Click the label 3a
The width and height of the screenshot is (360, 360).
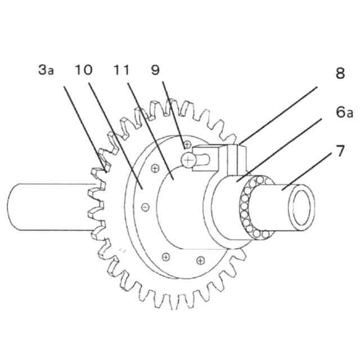46,70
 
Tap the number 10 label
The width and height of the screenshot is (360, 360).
84,70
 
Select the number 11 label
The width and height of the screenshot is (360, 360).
121,70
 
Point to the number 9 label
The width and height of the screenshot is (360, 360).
155,70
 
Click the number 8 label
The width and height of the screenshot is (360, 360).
340,73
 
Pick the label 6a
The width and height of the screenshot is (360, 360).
344,112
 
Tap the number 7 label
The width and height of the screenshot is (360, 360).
340,151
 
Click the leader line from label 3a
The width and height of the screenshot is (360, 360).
85,129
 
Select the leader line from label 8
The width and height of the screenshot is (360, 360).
278,115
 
